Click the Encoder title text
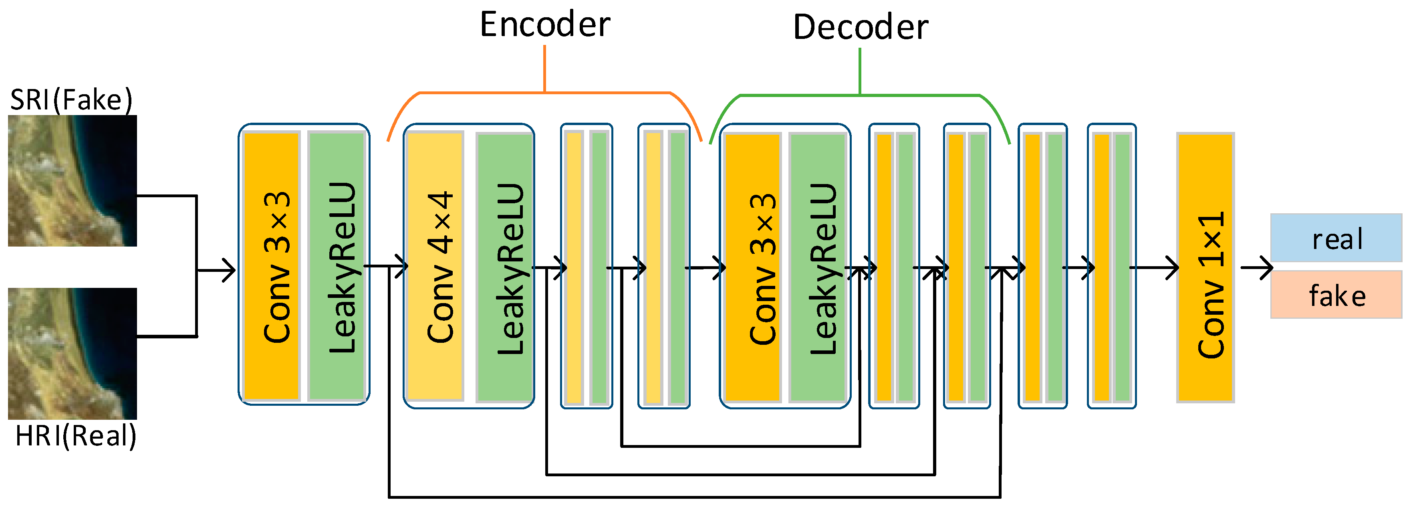click(544, 25)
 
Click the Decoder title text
click(860, 28)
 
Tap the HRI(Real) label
click(76, 437)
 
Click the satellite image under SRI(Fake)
click(72, 180)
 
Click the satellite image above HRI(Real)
click(72, 354)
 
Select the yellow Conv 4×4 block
click(435, 266)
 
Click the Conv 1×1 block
click(1205, 268)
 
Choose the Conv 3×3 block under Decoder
click(752, 268)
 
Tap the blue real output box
click(1336, 238)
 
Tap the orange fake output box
click(1336, 295)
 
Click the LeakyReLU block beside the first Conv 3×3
click(337, 266)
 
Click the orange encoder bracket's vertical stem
click(544, 69)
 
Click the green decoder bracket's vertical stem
click(860, 71)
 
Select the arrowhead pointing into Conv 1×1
click(1173, 268)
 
